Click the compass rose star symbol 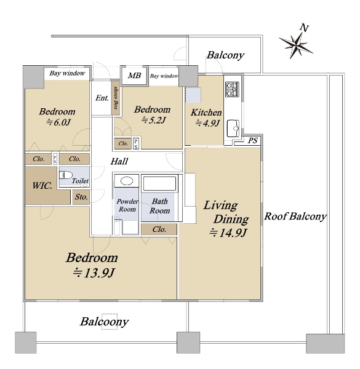(296, 45)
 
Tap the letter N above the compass (304, 28)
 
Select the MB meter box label (134, 76)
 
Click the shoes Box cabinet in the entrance (116, 98)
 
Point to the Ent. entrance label (102, 98)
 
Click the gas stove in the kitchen (232, 89)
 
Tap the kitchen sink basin (233, 129)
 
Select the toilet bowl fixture (66, 175)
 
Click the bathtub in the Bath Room (159, 183)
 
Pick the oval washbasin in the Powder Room (127, 181)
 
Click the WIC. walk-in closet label (42, 186)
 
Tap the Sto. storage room (81, 197)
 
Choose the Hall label (119, 161)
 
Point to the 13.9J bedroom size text (94, 273)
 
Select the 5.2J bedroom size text (153, 121)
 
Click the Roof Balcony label (295, 216)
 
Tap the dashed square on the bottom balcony (110, 322)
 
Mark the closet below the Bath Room (159, 229)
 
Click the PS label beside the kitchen (253, 141)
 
